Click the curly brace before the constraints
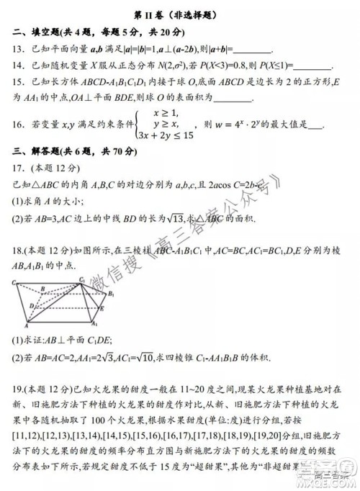pyautogui.click(x=132, y=124)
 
